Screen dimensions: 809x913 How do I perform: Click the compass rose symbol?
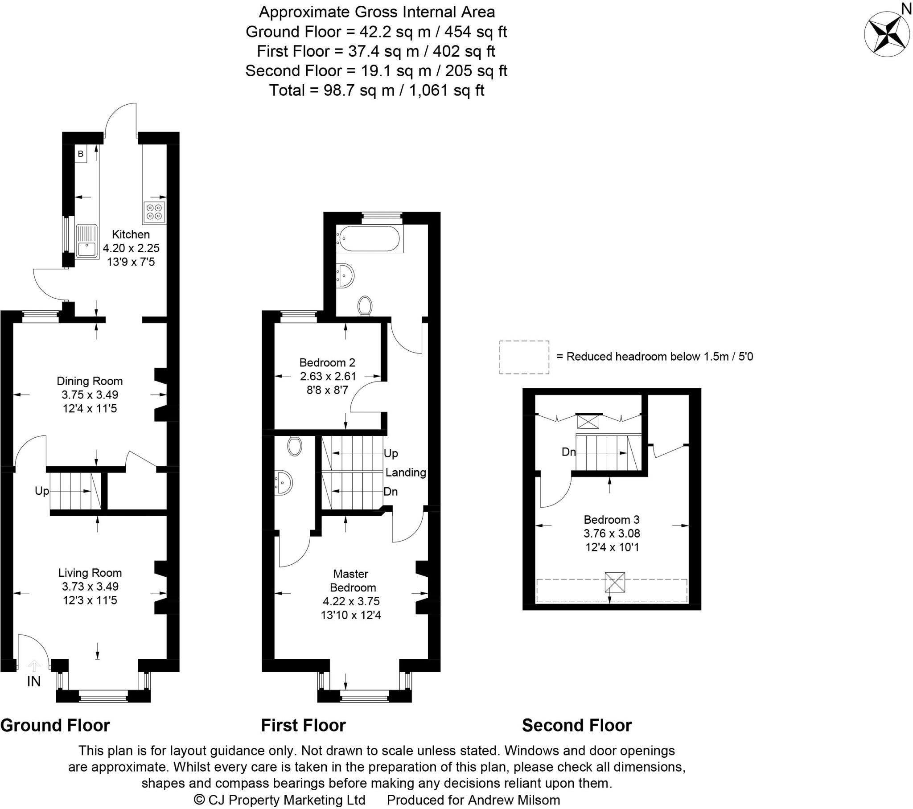tap(886, 34)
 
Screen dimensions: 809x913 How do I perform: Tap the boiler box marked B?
tap(80, 154)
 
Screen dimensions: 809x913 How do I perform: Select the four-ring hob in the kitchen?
tap(155, 212)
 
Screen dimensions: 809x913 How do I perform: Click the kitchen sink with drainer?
tap(87, 241)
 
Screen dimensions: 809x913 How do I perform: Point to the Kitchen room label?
tap(131, 234)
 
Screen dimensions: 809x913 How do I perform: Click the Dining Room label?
tap(89, 381)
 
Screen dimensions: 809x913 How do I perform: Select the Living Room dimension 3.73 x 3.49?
tap(90, 586)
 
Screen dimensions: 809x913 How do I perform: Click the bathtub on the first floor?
tap(370, 238)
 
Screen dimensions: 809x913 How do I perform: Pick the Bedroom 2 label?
tap(327, 362)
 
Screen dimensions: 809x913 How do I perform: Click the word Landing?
tap(406, 472)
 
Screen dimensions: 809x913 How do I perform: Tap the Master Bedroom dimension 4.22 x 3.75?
tap(351, 601)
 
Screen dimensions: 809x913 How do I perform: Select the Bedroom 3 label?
tap(612, 520)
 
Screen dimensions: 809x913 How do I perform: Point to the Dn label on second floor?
tap(568, 452)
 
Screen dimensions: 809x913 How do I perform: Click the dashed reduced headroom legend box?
tap(524, 357)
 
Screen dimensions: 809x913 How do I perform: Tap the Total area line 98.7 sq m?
tap(377, 90)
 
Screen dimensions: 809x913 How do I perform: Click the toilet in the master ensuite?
tap(294, 446)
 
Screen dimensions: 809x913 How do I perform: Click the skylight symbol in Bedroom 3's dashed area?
tap(615, 583)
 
